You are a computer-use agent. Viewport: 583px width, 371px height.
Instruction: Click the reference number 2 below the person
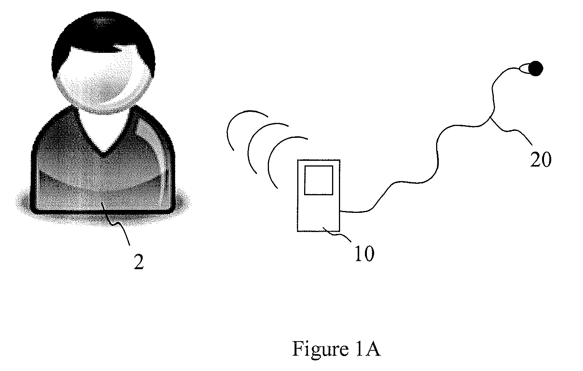pos(139,262)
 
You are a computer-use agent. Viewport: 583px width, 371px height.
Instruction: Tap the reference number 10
pos(364,253)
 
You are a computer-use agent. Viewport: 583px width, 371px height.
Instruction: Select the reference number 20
pos(541,159)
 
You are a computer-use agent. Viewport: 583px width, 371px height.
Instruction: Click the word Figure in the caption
pos(321,349)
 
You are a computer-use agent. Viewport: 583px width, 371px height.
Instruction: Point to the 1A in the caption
pos(368,348)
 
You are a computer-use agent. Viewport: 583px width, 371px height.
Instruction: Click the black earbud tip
pos(536,69)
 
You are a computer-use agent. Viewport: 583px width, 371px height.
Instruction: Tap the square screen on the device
pos(319,180)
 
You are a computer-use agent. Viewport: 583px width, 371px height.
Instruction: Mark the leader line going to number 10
pos(337,234)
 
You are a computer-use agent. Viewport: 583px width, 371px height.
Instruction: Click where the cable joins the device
pos(340,211)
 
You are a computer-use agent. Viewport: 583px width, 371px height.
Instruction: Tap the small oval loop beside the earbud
pos(524,68)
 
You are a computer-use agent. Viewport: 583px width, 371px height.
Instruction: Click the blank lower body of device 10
pos(319,213)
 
